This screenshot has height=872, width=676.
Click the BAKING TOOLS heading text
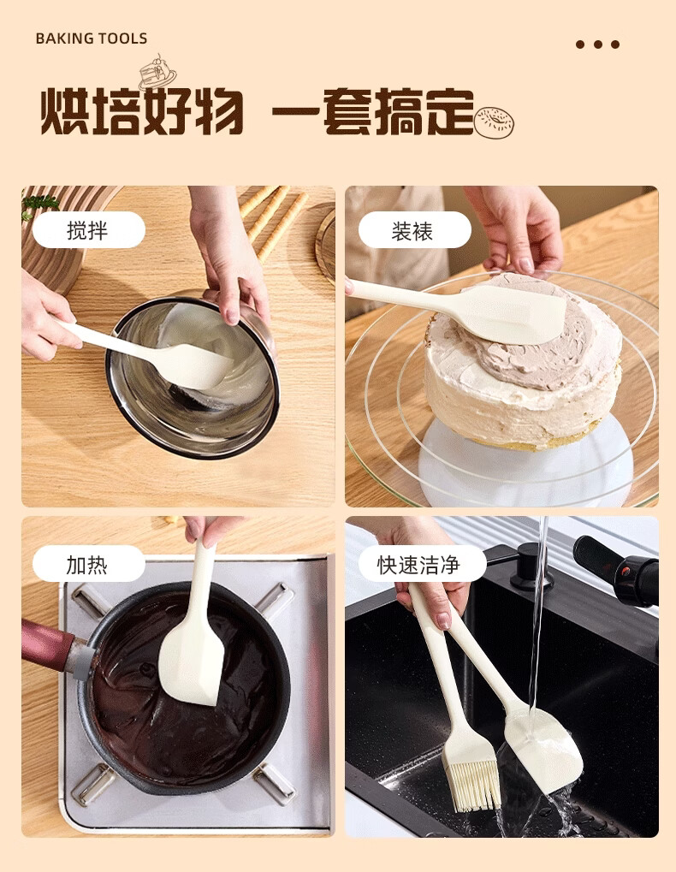point(92,39)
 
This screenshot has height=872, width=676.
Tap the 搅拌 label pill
point(89,229)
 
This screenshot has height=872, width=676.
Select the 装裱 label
point(415,229)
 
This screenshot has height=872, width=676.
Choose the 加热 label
point(89,564)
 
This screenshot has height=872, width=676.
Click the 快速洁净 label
point(422,564)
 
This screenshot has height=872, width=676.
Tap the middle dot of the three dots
point(597,44)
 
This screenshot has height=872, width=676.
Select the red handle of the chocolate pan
point(48,645)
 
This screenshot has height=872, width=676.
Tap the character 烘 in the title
point(66,111)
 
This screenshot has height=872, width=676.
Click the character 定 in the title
point(450,111)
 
